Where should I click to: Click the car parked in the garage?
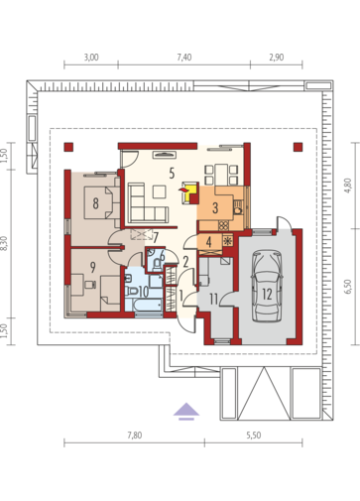[267, 286]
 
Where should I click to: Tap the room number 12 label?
[267, 294]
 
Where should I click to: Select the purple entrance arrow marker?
[186, 411]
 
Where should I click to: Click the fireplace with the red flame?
[189, 192]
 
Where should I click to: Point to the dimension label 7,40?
[184, 58]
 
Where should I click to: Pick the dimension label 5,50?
[254, 436]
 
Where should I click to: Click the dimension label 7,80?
[135, 436]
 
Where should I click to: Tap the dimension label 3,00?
[91, 58]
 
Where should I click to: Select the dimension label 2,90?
[277, 58]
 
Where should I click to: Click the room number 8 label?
[95, 203]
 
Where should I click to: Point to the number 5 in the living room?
[172, 173]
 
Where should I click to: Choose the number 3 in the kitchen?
[215, 208]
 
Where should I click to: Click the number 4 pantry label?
[208, 242]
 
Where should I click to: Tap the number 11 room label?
[214, 300]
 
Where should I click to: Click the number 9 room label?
[93, 267]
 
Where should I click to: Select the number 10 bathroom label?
[144, 292]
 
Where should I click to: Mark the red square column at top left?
[68, 147]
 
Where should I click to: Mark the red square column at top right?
[298, 147]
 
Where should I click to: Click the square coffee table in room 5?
[160, 192]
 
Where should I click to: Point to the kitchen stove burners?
[223, 225]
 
